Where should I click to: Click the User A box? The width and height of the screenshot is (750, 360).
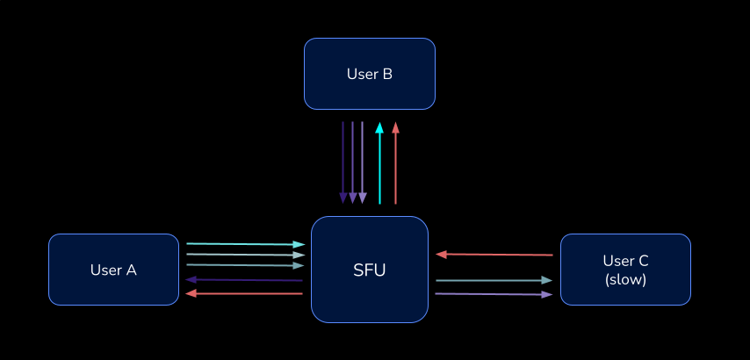[113, 270]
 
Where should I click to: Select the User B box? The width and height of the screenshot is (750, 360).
[369, 74]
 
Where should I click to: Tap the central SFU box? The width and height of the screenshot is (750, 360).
[369, 270]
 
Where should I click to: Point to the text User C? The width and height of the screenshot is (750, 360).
[625, 261]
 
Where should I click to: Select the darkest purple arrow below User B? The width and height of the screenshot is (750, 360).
[343, 162]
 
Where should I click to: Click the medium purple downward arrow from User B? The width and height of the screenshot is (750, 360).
[353, 162]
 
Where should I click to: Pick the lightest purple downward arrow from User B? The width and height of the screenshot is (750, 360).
[363, 162]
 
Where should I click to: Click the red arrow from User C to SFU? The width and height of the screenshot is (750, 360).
[496, 255]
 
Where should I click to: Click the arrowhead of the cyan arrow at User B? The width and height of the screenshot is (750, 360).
[379, 127]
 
